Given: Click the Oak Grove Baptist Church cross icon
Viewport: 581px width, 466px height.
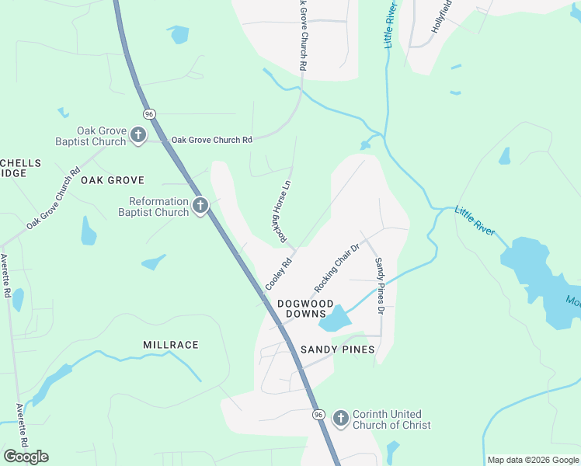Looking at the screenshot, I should pos(137,135).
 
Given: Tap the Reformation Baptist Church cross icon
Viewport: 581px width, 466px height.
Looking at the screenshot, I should pos(200,206).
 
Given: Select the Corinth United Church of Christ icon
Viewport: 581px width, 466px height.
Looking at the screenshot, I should pos(340,419).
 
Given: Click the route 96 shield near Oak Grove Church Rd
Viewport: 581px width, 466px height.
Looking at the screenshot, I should pos(149,114).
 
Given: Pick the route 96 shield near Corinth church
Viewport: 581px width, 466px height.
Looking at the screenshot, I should pos(318,415).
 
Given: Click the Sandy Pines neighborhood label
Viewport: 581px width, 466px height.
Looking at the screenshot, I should pos(338,349).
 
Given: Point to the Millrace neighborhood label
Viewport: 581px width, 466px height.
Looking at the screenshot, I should pos(171,344).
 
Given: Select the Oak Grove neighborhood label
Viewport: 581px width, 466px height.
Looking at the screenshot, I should pos(113,179).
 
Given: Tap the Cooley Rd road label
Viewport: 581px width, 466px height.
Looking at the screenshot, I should pos(278,275).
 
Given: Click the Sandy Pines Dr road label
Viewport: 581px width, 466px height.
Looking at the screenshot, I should pos(380,286).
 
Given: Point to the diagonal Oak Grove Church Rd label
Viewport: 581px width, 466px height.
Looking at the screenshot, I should pos(53,199).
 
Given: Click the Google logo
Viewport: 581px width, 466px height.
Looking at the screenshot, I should pos(26,456).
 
